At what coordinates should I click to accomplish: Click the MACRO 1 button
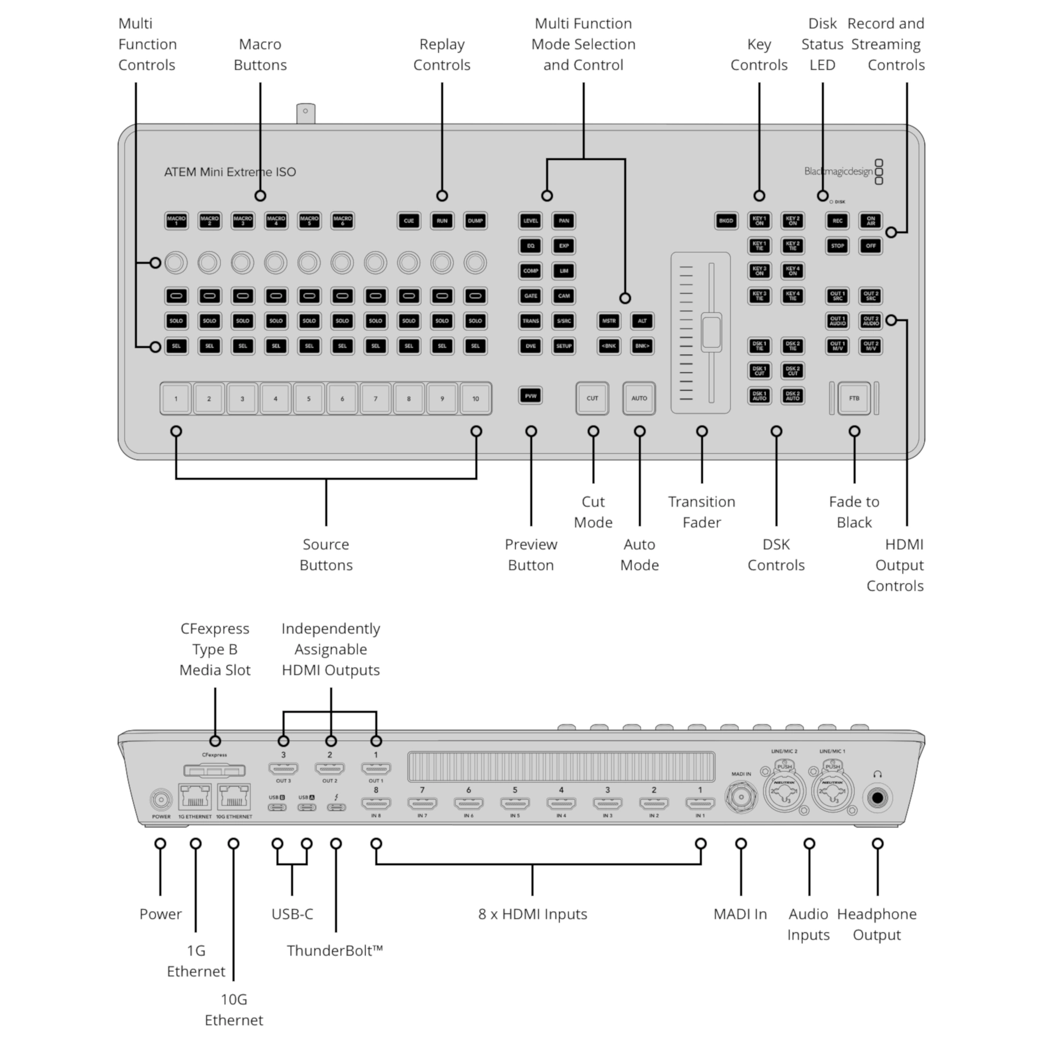[x=176, y=221]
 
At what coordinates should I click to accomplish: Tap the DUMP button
[x=475, y=221]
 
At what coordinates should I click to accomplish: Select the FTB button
[x=854, y=398]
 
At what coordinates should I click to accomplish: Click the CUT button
[x=592, y=398]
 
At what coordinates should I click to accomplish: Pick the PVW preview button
[x=531, y=396]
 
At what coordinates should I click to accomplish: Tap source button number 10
[x=475, y=399]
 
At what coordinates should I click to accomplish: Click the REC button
[x=837, y=221]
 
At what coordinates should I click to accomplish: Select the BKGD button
[x=726, y=221]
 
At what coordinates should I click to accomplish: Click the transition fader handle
[x=711, y=333]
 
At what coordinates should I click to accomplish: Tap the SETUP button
[x=564, y=346]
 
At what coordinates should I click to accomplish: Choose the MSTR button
[x=608, y=321]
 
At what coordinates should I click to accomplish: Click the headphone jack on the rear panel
[x=877, y=798]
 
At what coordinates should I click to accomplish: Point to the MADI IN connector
[x=741, y=797]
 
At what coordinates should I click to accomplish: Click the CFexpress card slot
[x=214, y=771]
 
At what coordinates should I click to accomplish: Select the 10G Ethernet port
[x=234, y=797]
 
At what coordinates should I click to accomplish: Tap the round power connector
[x=161, y=800]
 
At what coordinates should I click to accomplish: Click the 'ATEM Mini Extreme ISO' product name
[x=230, y=172]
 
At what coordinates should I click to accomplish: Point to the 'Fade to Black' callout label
[x=854, y=512]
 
